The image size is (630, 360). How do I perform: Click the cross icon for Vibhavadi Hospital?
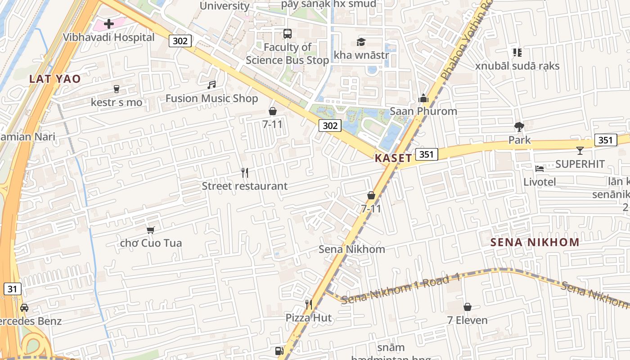[109, 23]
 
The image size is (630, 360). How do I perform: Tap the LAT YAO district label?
[55, 79]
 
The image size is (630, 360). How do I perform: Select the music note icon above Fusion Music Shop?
[211, 85]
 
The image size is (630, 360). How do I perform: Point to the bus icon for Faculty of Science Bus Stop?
[287, 34]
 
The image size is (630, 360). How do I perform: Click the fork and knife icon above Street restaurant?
[245, 172]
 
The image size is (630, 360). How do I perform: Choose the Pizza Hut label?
[309, 318]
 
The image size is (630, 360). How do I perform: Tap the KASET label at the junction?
[393, 158]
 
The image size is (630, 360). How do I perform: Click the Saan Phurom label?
[423, 111]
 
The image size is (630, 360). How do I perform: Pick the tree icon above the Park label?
[519, 127]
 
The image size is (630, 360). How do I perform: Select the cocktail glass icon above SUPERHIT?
[580, 151]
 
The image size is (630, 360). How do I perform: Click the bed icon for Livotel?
[540, 169]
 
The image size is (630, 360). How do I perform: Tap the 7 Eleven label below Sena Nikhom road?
[467, 320]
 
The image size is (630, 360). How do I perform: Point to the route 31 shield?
[12, 289]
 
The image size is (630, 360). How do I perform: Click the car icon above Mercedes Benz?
[24, 308]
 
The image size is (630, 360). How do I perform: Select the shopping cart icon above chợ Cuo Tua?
[151, 230]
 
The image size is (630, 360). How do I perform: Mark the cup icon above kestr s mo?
[117, 89]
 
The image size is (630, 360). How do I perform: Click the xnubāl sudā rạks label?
[517, 66]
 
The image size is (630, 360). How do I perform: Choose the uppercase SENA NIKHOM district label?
[535, 243]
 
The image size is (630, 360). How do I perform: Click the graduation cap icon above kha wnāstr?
[361, 42]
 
